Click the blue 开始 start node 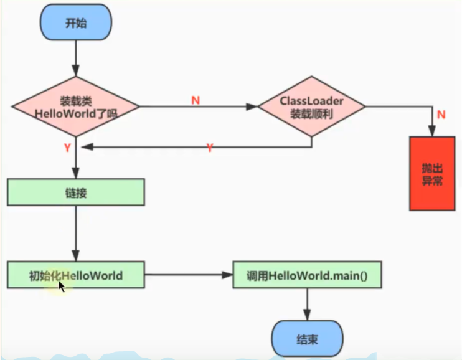(x=75, y=23)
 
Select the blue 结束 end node (x=306, y=339)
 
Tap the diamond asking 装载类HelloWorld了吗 (x=75, y=107)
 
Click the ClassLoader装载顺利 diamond (x=311, y=107)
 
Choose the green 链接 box (x=75, y=192)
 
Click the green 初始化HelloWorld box (x=75, y=275)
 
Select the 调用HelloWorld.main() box (x=307, y=275)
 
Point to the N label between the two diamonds (x=196, y=100)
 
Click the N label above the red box (x=441, y=115)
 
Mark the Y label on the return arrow (x=210, y=148)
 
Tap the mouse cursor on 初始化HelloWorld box (x=62, y=285)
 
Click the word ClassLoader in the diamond (x=311, y=101)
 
